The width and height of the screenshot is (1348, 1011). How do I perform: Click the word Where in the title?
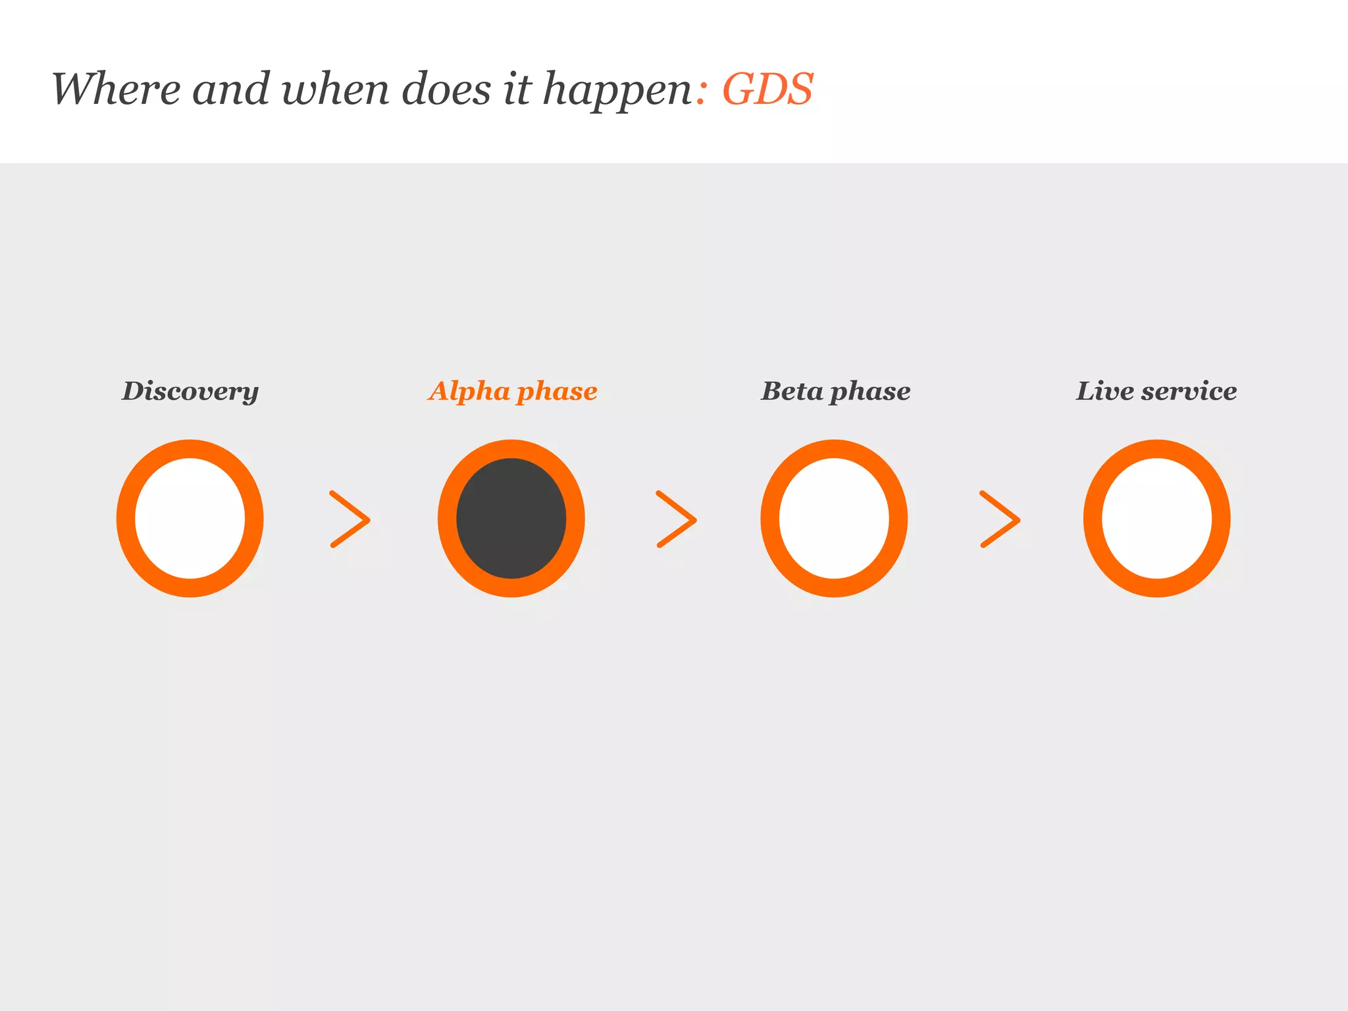click(116, 89)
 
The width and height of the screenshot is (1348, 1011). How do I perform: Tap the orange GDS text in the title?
click(767, 89)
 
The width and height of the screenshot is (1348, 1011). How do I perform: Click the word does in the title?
click(446, 89)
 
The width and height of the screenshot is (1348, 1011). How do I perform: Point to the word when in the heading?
click(335, 89)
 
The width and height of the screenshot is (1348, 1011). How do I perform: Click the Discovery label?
click(190, 392)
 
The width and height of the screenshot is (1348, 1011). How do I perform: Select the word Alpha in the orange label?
click(469, 392)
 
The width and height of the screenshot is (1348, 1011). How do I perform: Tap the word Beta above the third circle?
click(792, 391)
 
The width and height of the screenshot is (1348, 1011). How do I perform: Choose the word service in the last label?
click(1189, 391)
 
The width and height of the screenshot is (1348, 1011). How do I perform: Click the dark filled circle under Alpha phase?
click(511, 519)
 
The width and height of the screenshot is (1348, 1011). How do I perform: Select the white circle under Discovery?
click(190, 519)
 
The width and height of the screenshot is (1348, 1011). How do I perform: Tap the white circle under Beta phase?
click(834, 519)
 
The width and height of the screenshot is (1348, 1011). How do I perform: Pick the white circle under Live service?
click(1156, 519)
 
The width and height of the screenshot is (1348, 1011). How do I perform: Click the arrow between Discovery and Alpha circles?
click(350, 519)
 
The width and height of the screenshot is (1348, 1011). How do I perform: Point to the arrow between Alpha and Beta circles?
click(676, 519)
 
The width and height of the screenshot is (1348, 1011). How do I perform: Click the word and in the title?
click(231, 89)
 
